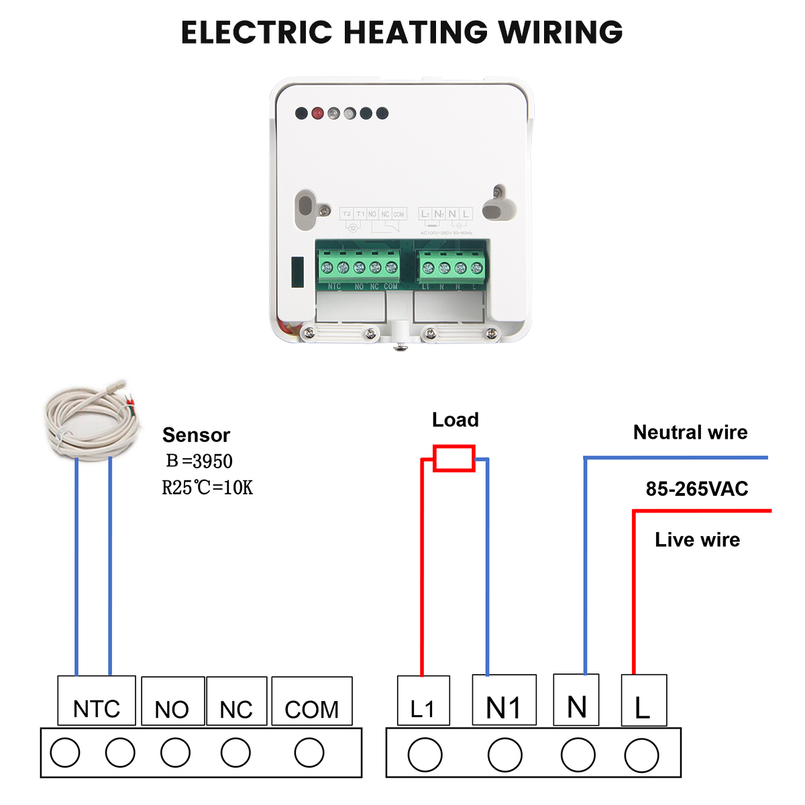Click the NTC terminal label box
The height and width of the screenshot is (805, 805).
click(x=97, y=701)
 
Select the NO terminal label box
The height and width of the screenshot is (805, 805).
click(x=172, y=702)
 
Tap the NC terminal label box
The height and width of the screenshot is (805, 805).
click(x=236, y=702)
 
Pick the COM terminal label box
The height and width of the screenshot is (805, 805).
click(x=312, y=702)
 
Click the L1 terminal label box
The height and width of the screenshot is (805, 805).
click(x=423, y=702)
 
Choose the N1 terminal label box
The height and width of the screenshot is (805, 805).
click(x=504, y=700)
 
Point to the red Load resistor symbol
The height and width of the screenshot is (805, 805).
click(x=454, y=458)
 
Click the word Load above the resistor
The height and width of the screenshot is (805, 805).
click(x=455, y=420)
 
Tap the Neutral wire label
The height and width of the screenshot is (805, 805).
click(x=690, y=433)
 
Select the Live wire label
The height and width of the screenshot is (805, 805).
click(x=697, y=540)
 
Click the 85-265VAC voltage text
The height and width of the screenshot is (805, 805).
click(x=696, y=489)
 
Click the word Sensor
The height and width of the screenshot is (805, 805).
click(x=196, y=435)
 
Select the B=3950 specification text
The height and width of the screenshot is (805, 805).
click(x=199, y=462)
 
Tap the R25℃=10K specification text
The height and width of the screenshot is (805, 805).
click(x=207, y=488)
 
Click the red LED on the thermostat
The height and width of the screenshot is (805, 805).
click(x=317, y=113)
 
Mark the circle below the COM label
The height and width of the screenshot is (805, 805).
click(x=309, y=753)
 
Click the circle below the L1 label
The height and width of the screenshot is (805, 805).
click(x=425, y=755)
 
